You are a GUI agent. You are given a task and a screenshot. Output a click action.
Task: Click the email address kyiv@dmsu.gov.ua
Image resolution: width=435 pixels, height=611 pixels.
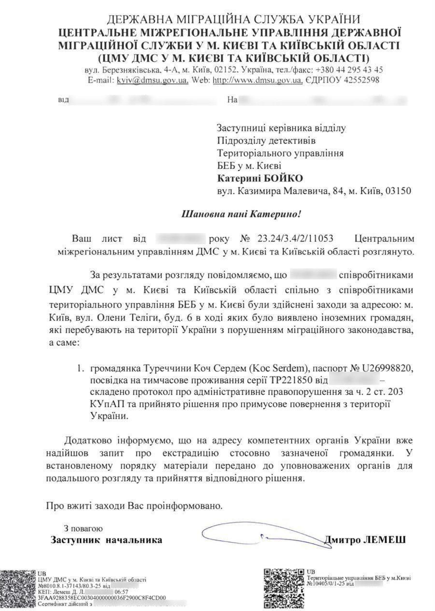152,80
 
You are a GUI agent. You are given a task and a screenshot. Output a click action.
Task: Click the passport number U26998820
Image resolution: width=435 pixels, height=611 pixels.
384,368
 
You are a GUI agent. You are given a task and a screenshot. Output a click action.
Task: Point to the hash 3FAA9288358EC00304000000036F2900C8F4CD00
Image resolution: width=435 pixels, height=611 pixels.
102,597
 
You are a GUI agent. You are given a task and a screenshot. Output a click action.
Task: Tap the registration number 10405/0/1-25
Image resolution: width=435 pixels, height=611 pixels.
328,583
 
